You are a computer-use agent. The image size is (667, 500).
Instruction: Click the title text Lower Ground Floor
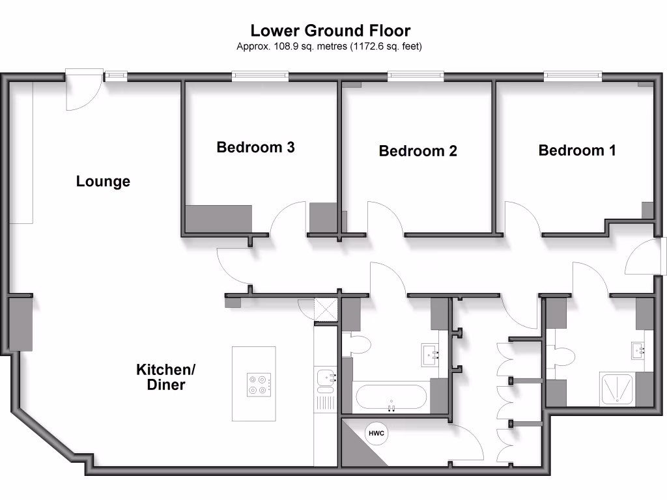pyautogui.click(x=330, y=31)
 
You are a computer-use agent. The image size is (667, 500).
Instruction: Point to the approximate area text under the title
pyautogui.click(x=330, y=46)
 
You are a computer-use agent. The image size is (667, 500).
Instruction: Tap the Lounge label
pyautogui.click(x=103, y=182)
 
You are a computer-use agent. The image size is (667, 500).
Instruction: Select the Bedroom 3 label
pyautogui.click(x=255, y=147)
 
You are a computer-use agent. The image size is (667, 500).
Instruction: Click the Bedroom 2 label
pyautogui.click(x=418, y=151)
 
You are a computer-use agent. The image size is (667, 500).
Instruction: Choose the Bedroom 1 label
pyautogui.click(x=577, y=150)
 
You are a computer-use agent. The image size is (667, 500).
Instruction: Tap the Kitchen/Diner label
pyautogui.click(x=165, y=378)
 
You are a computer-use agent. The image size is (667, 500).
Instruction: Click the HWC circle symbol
pyautogui.click(x=377, y=434)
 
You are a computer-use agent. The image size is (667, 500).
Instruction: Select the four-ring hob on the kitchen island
pyautogui.click(x=259, y=384)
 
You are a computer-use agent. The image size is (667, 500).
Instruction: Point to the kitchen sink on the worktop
pyautogui.click(x=325, y=377)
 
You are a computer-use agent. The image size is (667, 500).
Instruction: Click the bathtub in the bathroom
pyautogui.click(x=391, y=396)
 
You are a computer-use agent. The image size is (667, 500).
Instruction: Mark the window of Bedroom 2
pyautogui.click(x=416, y=76)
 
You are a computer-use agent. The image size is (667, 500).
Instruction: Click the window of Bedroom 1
pyautogui.click(x=573, y=76)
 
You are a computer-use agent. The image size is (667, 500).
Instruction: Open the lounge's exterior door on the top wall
pyautogui.click(x=83, y=91)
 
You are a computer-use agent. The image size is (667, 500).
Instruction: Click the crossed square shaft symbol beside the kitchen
pyautogui.click(x=324, y=311)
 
